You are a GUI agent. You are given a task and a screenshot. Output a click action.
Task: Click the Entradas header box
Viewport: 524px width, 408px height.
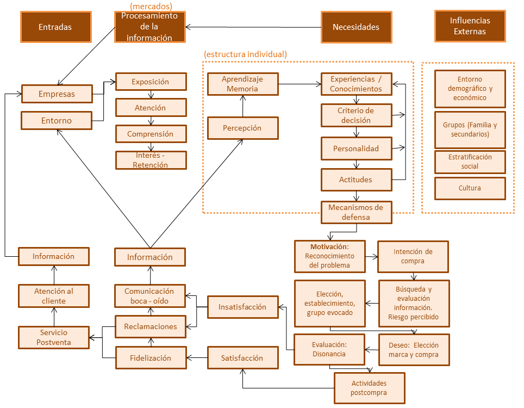click(55, 27)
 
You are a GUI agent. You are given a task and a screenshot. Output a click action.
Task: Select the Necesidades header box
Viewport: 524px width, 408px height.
click(355, 27)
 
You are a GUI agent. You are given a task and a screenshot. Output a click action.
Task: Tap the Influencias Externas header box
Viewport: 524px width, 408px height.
click(470, 26)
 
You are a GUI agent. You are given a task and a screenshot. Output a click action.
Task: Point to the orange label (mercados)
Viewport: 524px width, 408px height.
click(151, 7)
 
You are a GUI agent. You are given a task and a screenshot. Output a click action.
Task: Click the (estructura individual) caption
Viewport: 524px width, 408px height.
click(245, 54)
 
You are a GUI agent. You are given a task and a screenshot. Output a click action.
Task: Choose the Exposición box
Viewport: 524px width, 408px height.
click(151, 82)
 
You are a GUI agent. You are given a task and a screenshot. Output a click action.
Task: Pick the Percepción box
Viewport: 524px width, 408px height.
click(242, 128)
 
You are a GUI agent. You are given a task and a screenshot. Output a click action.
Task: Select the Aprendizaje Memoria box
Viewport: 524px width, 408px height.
click(242, 84)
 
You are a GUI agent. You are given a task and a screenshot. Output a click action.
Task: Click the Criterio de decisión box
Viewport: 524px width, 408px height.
click(356, 115)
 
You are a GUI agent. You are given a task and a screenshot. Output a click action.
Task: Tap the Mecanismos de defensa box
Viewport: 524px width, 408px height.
click(356, 212)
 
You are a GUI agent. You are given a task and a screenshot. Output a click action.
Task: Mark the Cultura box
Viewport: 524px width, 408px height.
click(470, 188)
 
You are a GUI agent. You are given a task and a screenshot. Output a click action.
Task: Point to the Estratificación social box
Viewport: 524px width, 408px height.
click(470, 162)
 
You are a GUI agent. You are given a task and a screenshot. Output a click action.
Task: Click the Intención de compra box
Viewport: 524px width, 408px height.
click(413, 256)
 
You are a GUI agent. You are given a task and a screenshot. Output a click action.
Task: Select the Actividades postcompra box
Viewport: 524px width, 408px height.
click(369, 388)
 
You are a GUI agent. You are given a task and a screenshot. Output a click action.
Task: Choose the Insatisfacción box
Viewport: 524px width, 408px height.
click(242, 307)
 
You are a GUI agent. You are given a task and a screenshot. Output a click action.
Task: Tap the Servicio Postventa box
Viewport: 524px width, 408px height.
click(54, 337)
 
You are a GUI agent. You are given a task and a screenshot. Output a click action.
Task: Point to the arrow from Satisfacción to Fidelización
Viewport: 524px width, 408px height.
click(197, 358)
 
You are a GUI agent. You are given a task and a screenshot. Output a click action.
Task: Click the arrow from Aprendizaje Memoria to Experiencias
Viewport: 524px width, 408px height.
click(300, 84)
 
